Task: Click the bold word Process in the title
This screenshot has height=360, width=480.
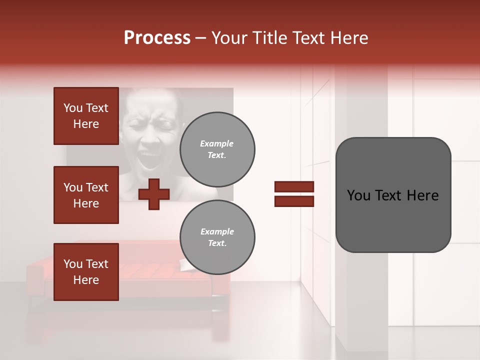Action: (x=157, y=38)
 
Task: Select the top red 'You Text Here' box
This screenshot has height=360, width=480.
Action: (x=86, y=116)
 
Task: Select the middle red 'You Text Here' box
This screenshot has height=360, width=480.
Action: (x=86, y=195)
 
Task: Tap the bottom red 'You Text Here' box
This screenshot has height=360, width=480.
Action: (x=86, y=271)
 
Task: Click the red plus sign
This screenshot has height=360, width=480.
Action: (x=153, y=194)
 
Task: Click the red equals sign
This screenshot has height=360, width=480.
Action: (x=294, y=194)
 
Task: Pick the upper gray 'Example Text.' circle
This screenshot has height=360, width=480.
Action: (x=217, y=149)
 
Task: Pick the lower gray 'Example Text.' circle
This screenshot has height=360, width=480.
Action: (x=217, y=237)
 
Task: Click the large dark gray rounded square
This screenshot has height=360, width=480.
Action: (x=393, y=195)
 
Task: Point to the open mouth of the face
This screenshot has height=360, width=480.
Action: (x=148, y=160)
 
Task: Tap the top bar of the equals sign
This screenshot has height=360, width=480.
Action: (x=294, y=187)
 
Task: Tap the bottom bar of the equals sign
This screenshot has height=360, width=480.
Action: (x=294, y=201)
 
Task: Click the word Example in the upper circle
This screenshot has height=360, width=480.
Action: (x=217, y=143)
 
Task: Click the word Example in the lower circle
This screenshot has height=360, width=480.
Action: (x=217, y=231)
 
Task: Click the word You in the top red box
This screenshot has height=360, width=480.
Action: (x=72, y=108)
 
